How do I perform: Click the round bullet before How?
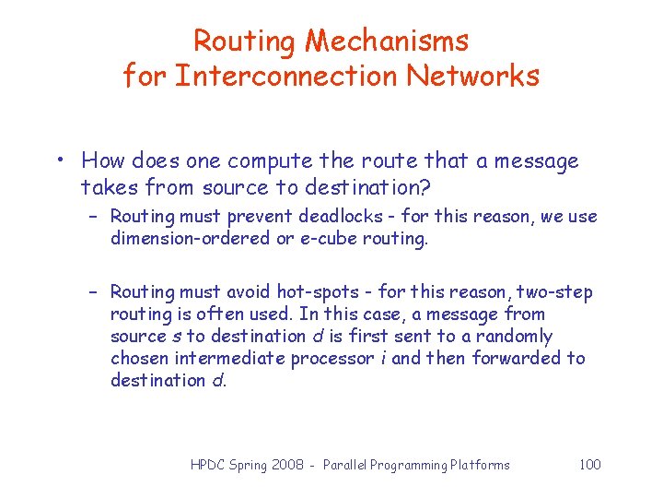pos(58,161)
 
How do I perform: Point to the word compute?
pos(270,161)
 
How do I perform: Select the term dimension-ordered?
pos(187,238)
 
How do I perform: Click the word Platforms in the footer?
pos(481,465)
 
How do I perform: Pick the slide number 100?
pos(589,464)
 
